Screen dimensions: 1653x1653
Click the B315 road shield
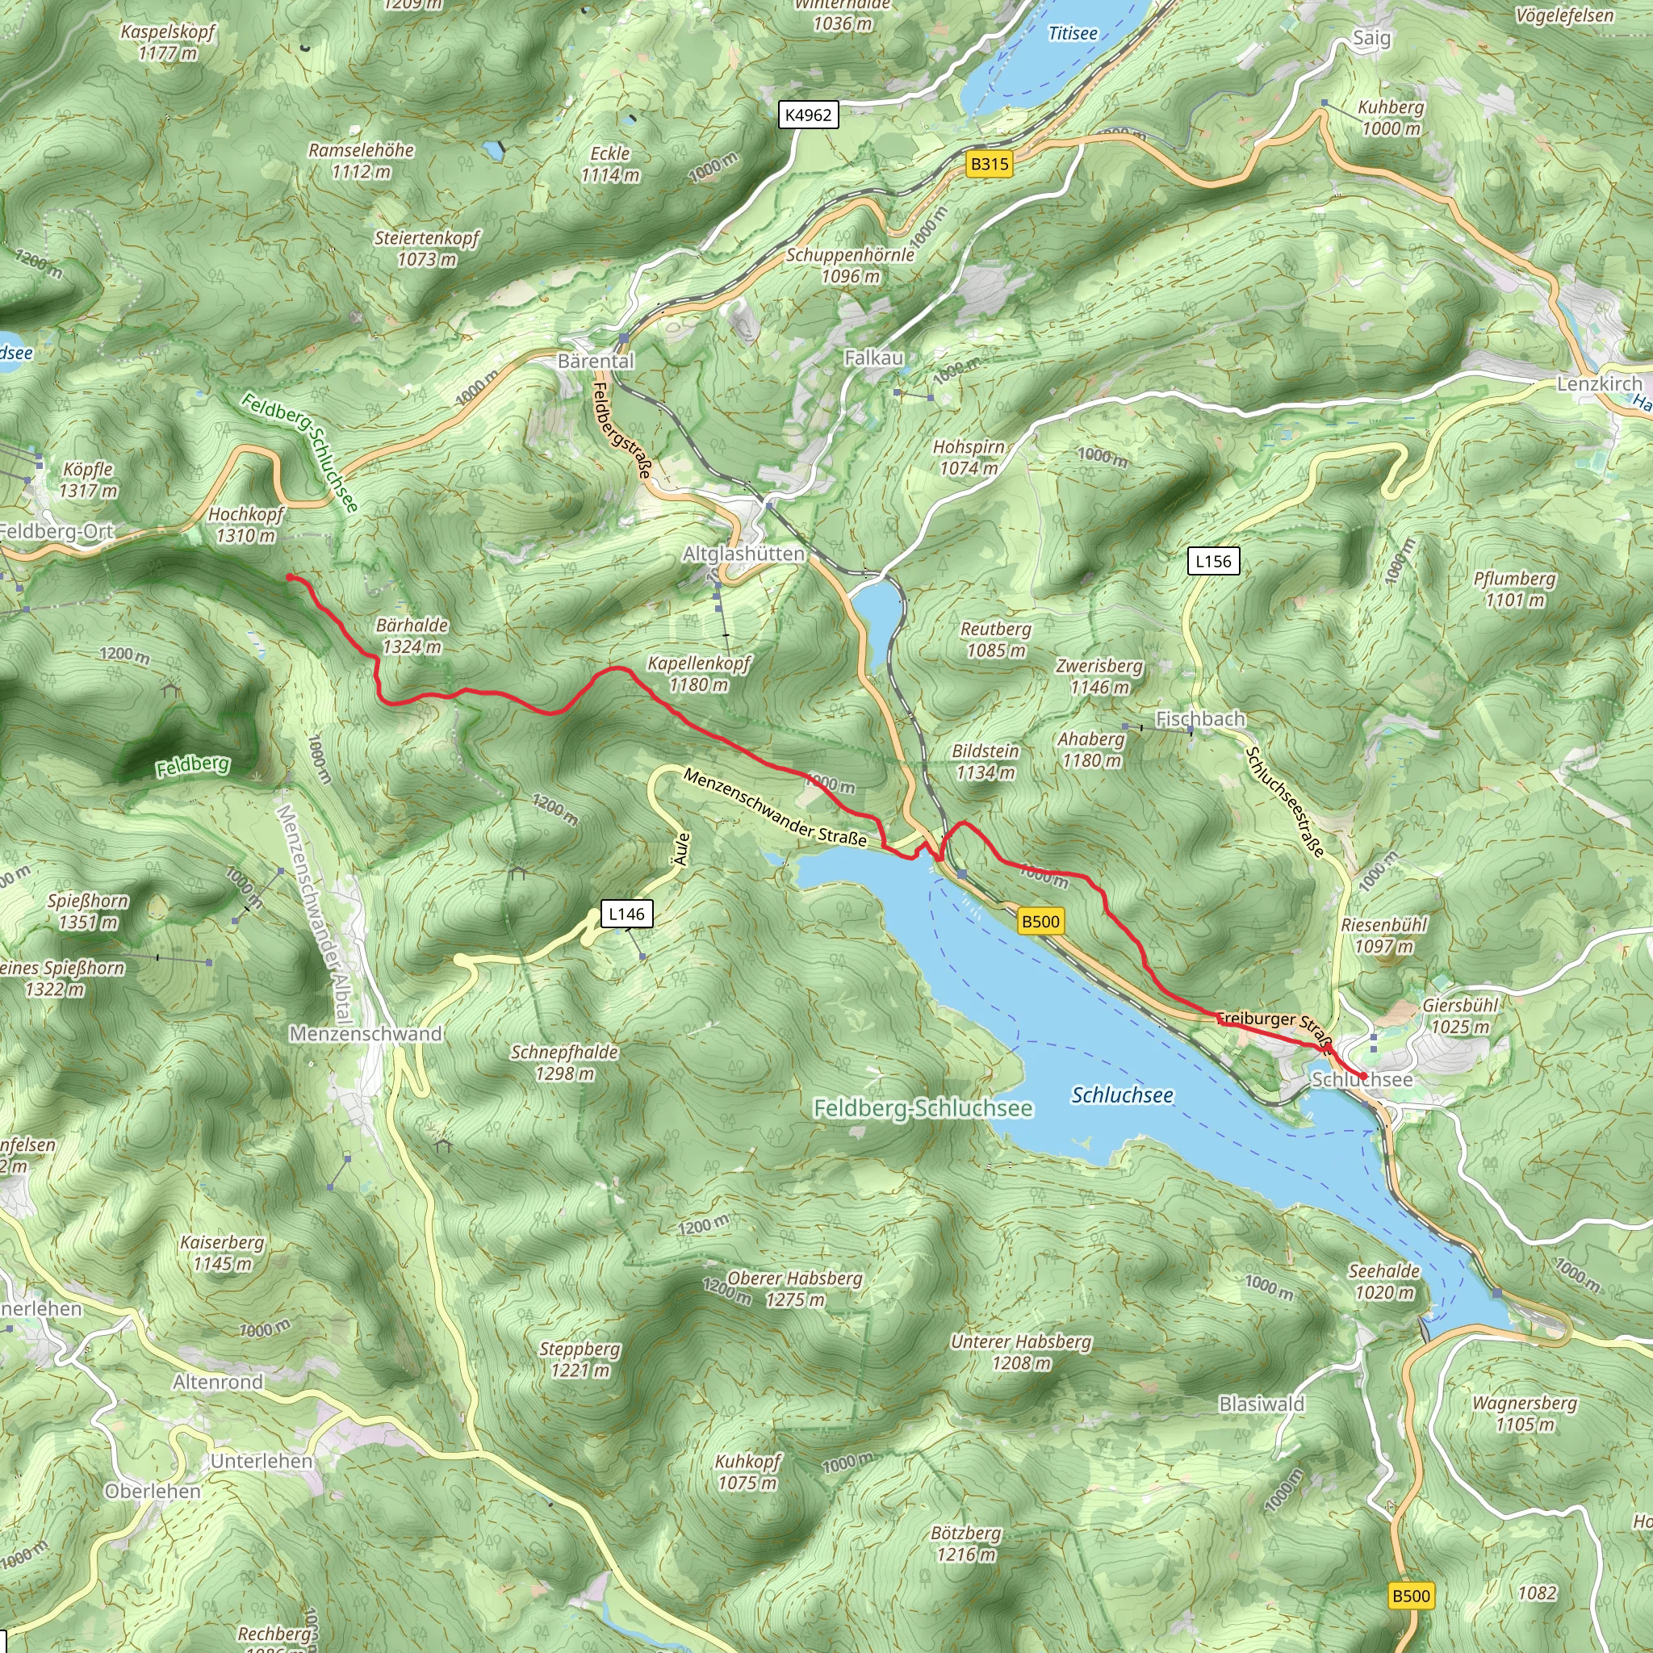click(989, 163)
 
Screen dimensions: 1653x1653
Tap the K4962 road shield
click(808, 115)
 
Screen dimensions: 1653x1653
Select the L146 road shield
click(626, 914)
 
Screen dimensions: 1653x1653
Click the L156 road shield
click(1213, 561)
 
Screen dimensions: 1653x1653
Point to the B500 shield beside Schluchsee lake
click(1040, 922)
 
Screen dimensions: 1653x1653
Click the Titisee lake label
click(1073, 33)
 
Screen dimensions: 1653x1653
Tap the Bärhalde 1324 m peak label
click(412, 636)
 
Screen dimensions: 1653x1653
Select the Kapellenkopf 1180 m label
click(698, 673)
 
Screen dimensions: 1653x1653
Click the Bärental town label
click(596, 361)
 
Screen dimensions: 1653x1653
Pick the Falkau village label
click(873, 358)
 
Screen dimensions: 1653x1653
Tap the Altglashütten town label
click(743, 554)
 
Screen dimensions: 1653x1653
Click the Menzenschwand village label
click(366, 1034)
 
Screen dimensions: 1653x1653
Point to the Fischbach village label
click(1199, 718)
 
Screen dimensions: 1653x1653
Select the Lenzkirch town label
click(1599, 383)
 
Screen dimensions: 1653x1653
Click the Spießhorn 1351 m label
click(88, 911)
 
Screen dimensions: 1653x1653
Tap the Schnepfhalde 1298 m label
click(564, 1062)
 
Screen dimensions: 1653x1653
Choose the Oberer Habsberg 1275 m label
click(795, 1289)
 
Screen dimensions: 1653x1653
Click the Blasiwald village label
click(1262, 1404)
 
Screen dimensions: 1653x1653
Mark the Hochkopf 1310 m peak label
click(245, 525)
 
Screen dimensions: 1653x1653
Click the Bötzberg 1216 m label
click(966, 1543)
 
